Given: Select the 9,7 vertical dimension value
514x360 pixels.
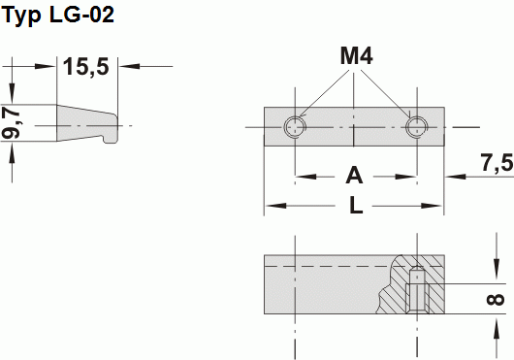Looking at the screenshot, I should (12, 124).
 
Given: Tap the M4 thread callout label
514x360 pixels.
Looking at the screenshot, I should (356, 56).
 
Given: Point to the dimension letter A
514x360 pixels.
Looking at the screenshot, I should (354, 176).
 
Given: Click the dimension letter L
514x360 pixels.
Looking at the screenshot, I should (355, 206).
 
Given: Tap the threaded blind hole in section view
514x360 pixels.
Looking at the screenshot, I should (417, 288).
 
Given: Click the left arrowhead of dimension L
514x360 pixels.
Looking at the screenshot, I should (273, 206).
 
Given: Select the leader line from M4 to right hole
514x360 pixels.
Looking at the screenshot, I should (391, 95).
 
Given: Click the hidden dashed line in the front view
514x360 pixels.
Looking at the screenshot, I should (330, 265).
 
